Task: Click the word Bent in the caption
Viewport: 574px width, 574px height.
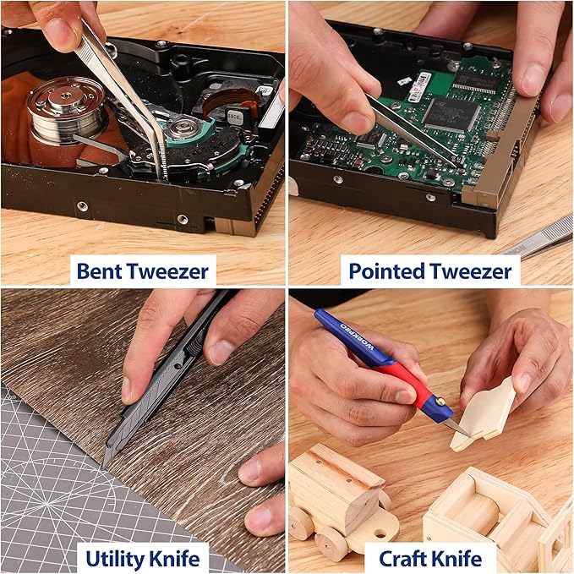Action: tap(97, 271)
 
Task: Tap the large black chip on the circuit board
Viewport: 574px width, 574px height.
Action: tap(451, 112)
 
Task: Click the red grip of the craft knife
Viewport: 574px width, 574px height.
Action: tap(407, 380)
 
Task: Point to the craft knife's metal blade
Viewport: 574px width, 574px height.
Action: tap(456, 427)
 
